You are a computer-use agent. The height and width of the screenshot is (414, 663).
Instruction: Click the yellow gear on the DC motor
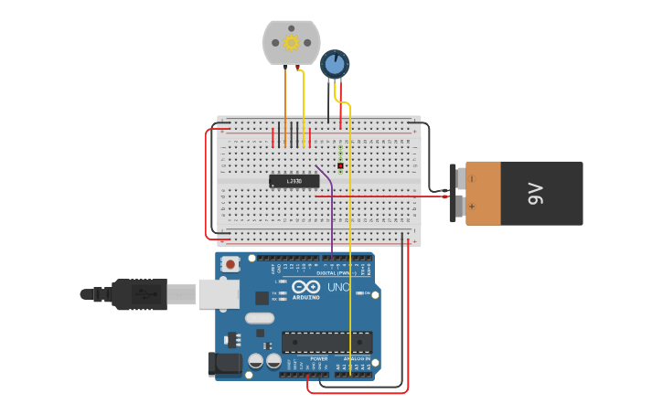tap(292, 43)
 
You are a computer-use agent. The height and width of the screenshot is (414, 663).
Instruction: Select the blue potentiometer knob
tap(335, 64)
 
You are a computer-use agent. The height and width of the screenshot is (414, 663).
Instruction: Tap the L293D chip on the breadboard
tap(294, 181)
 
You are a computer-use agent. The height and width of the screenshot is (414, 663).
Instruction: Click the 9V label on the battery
tap(536, 194)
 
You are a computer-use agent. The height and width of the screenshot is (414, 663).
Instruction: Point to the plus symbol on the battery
tap(472, 207)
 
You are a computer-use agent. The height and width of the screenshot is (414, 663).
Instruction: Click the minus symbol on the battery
tap(472, 178)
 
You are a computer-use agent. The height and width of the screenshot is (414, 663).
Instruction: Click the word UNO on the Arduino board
tap(338, 288)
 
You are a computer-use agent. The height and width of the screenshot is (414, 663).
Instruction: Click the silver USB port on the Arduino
tap(219, 293)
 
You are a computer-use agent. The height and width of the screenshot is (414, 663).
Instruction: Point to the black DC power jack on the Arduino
tap(225, 364)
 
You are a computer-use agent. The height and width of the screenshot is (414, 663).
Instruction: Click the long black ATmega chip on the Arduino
tap(326, 342)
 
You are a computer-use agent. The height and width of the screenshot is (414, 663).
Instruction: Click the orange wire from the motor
tap(285, 105)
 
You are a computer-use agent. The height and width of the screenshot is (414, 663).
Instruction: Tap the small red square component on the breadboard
tap(340, 165)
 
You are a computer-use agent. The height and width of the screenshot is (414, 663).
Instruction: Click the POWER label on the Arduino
tap(319, 359)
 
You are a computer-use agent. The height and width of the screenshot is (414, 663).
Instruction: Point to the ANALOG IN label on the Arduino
tap(358, 359)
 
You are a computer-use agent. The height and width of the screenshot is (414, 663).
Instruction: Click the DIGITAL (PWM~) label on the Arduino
tap(335, 272)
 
